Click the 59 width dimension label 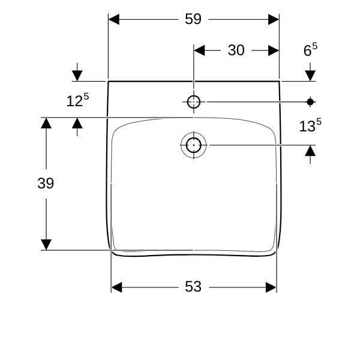tap(193, 19)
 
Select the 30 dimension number tap(236, 50)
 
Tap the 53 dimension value tap(193, 287)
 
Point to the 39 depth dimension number tap(46, 184)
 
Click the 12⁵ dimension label tap(77, 100)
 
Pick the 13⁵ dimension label tap(310, 125)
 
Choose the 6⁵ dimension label tap(310, 50)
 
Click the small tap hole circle tap(194, 102)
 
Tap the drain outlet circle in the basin tap(194, 145)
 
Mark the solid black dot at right tap(310, 102)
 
